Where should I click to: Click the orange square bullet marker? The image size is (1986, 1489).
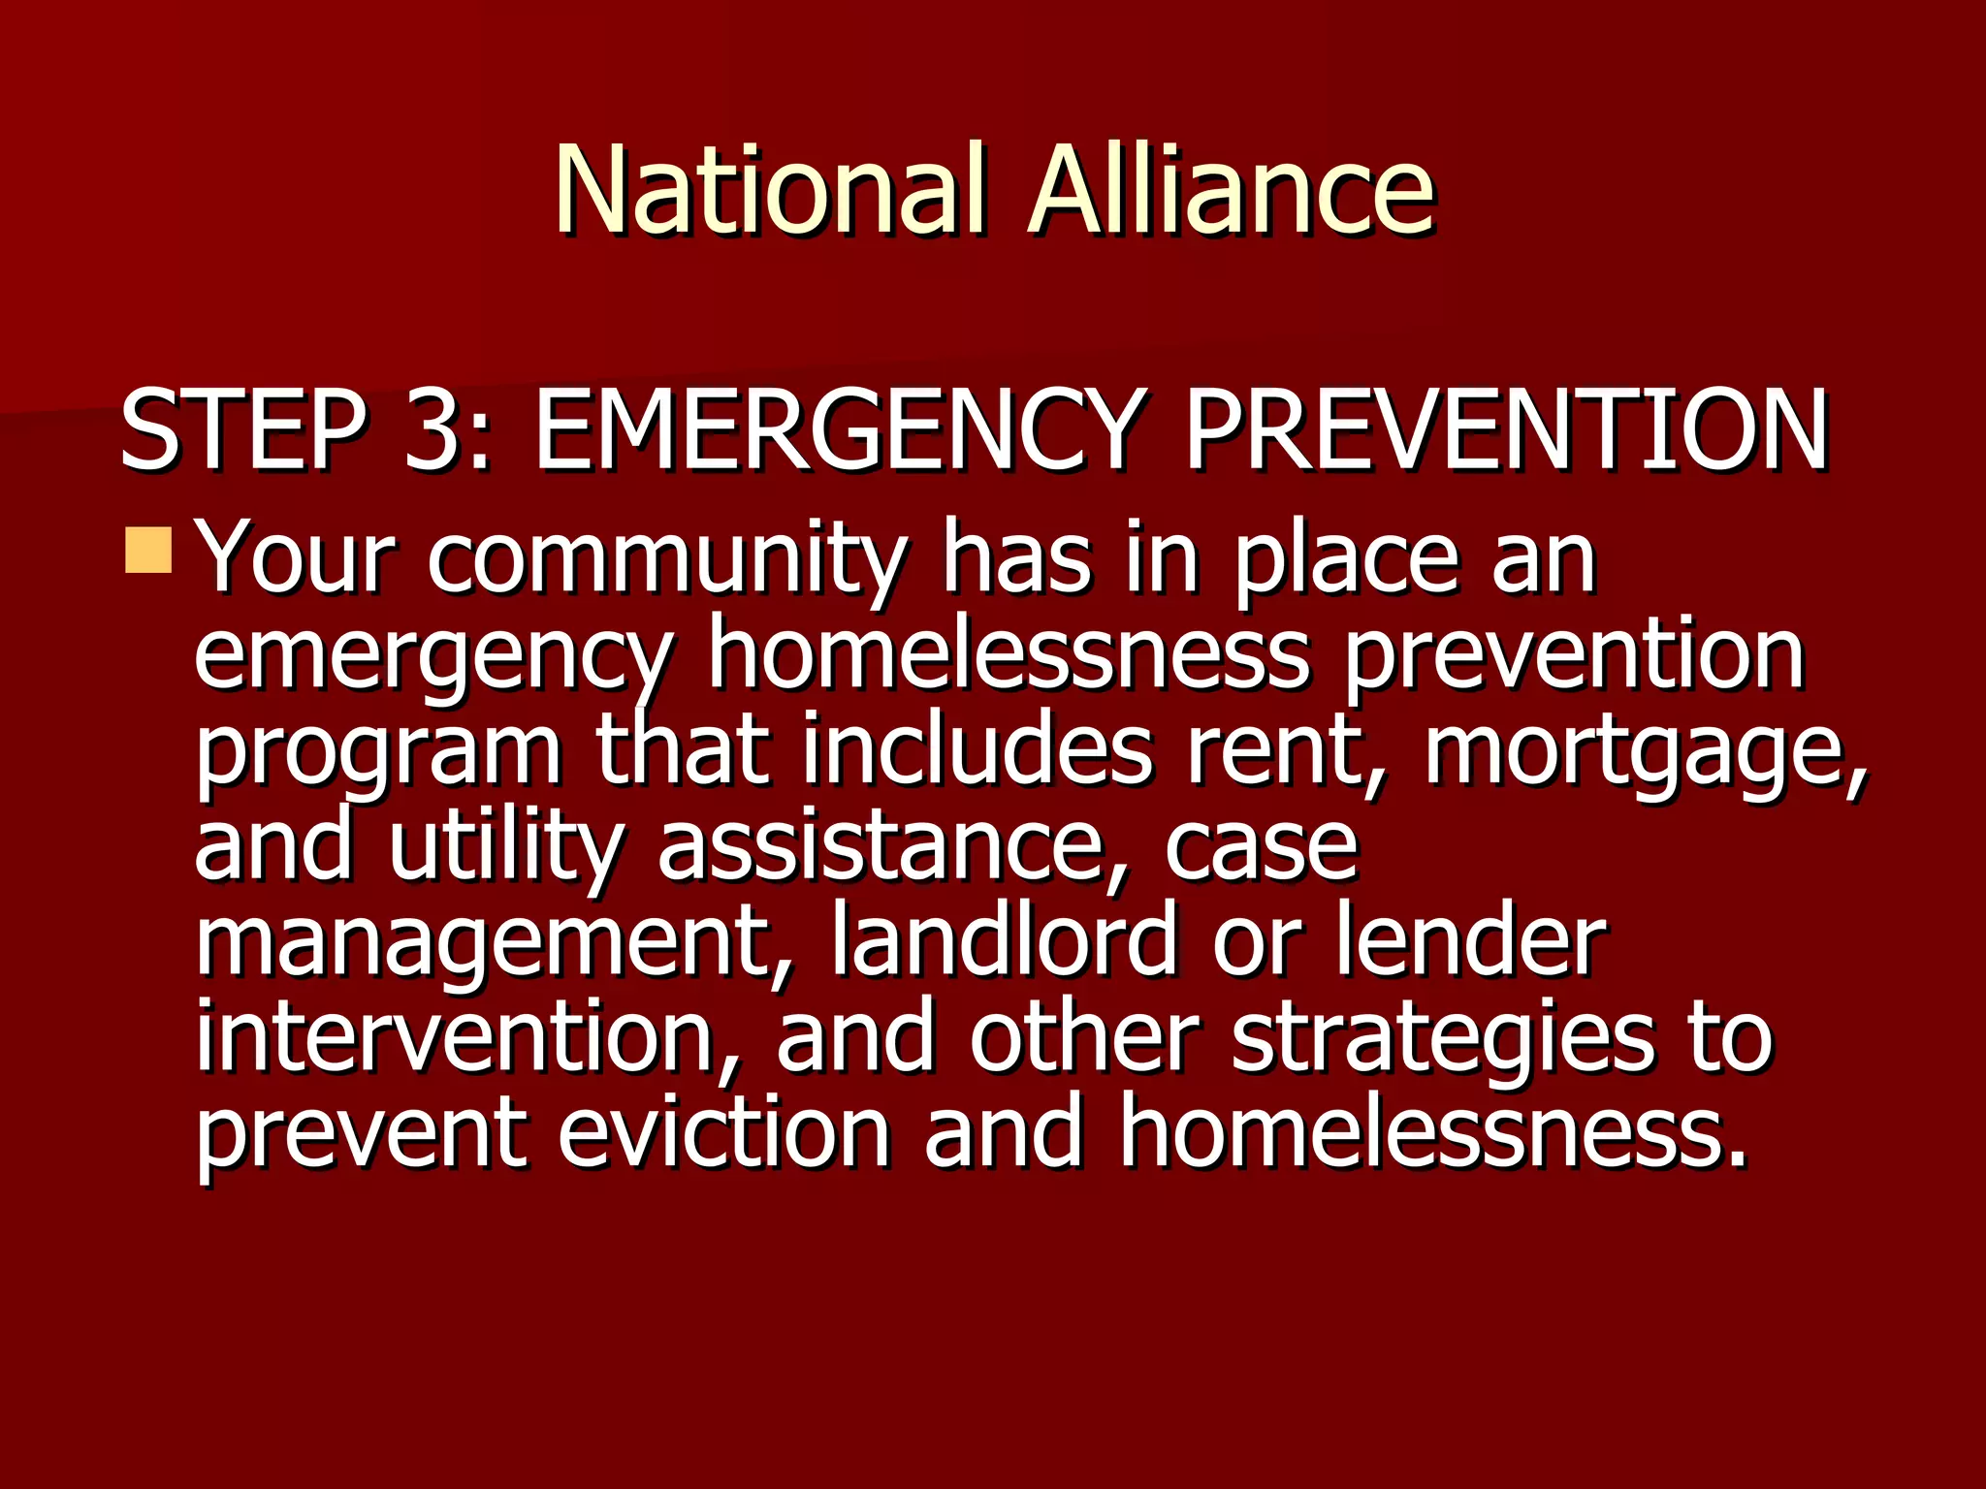[149, 549]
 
